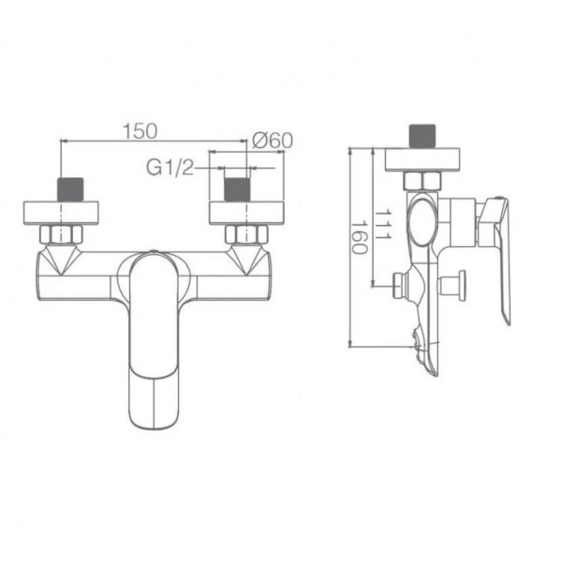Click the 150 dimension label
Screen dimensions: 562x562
coord(140,131)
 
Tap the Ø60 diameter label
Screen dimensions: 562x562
coord(273,140)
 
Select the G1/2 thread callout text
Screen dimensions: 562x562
coord(170,168)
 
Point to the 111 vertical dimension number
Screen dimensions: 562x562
coord(382,225)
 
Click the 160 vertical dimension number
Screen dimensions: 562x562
coord(359,237)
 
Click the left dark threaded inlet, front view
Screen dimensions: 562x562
coord(70,189)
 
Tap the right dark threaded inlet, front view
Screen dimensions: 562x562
coord(237,189)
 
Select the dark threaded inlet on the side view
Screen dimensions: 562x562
coord(422,136)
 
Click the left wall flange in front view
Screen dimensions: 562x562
coord(61,214)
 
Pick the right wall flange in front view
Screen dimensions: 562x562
coord(246,214)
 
